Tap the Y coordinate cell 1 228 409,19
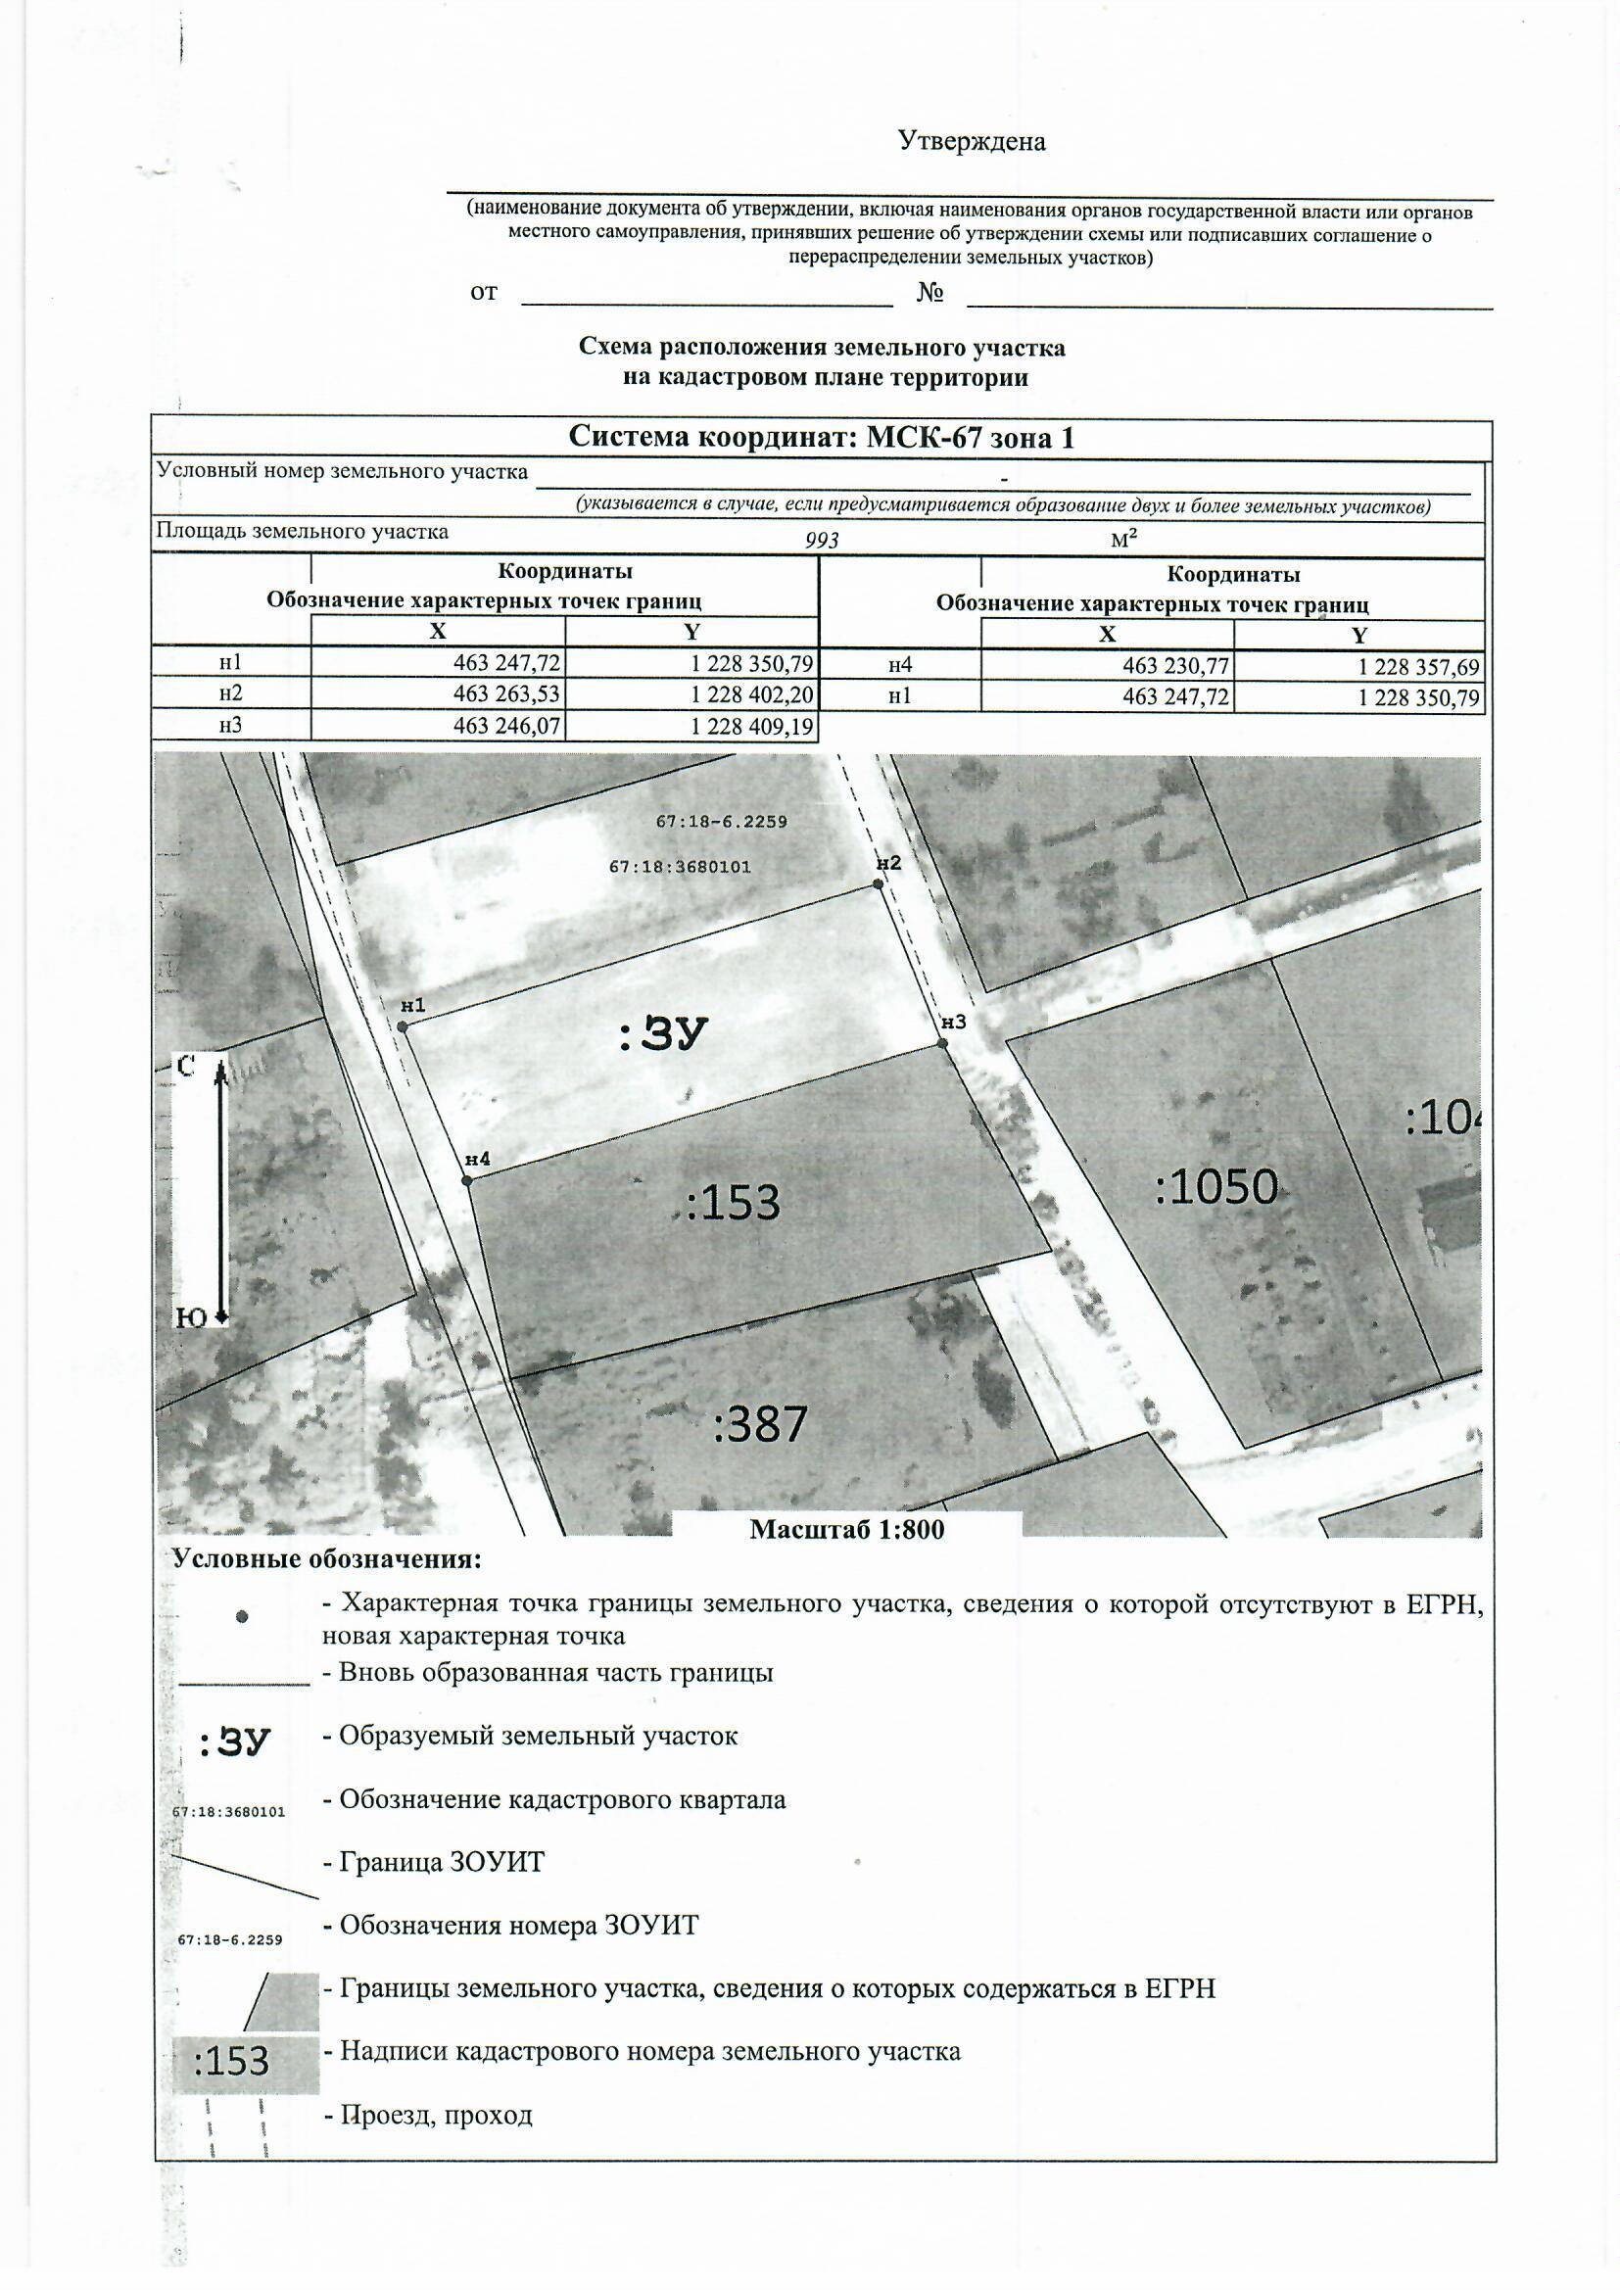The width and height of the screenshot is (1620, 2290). click(x=752, y=726)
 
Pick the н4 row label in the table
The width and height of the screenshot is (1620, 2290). click(x=900, y=665)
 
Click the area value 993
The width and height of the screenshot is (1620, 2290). click(x=822, y=541)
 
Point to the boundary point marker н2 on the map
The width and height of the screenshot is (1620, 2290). click(x=878, y=883)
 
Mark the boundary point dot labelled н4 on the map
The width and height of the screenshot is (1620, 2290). click(x=467, y=1181)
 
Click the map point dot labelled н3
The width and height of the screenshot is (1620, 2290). click(x=941, y=1043)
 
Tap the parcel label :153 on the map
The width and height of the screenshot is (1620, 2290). click(x=734, y=1203)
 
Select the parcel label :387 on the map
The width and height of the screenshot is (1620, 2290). click(x=759, y=1423)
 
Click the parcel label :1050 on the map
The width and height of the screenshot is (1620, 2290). click(x=1216, y=1187)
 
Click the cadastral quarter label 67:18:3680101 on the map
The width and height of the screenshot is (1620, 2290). click(x=680, y=868)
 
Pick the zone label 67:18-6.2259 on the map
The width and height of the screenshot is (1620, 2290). click(x=721, y=822)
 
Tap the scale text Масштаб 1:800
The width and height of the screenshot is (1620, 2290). click(x=846, y=1530)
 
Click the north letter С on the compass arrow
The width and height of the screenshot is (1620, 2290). click(x=184, y=1068)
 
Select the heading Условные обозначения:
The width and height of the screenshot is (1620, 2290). click(x=326, y=1559)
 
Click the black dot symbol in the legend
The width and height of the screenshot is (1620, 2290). click(x=241, y=1618)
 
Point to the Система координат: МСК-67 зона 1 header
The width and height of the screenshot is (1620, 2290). click(x=820, y=437)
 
